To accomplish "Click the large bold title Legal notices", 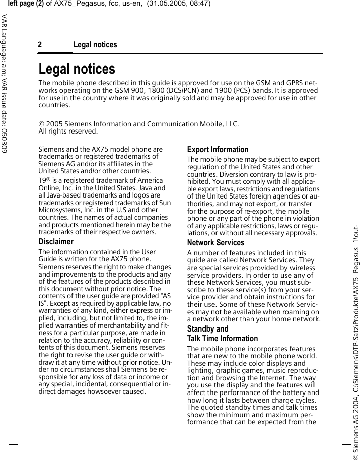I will point(77,69).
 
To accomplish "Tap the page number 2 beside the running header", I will point(40,45).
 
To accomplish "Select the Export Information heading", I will point(218,150).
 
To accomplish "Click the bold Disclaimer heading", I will point(56,242).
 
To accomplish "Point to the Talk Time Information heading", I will point(222,339).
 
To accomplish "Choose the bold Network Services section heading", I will point(215,243).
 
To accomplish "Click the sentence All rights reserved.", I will point(68,132).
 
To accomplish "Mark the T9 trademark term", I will point(43,180).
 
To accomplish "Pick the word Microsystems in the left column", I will point(59,210).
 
